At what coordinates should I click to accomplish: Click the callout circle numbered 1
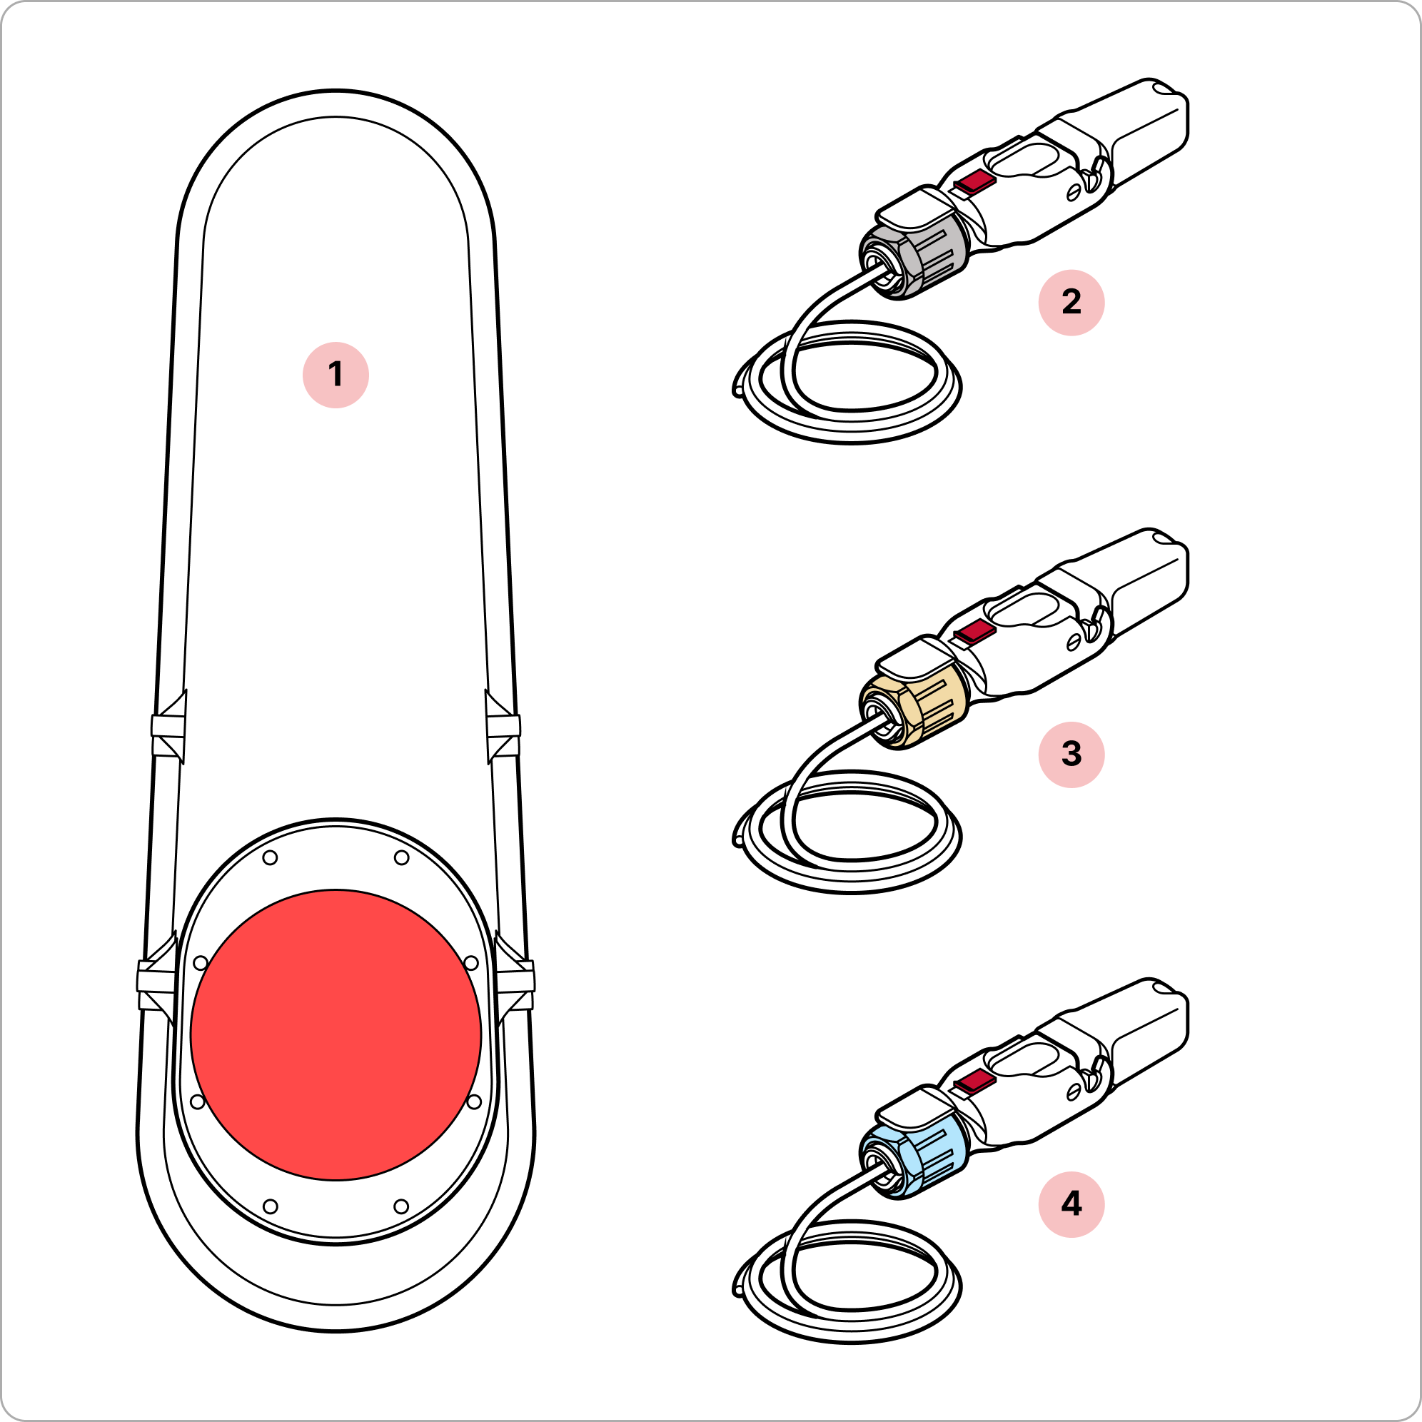(336, 375)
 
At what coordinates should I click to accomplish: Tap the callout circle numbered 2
(1071, 303)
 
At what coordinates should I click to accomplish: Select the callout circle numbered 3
(1071, 755)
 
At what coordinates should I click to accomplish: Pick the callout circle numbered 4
(1071, 1204)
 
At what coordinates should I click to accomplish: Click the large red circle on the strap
(336, 1035)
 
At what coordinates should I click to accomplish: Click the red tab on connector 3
(974, 632)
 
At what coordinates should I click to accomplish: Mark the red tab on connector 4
(974, 1082)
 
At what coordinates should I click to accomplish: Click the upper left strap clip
(168, 727)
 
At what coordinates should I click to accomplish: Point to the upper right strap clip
(503, 727)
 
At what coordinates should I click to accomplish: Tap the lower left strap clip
(157, 979)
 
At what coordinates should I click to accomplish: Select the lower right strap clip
(515, 979)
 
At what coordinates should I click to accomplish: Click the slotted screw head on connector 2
(1074, 192)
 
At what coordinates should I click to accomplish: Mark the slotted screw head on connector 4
(1074, 1093)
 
